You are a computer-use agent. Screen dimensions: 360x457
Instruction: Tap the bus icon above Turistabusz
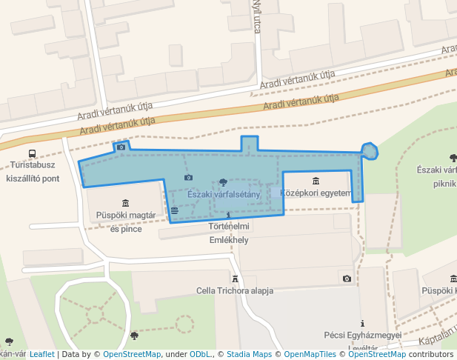click(32, 154)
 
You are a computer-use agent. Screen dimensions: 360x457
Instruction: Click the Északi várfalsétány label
click(224, 194)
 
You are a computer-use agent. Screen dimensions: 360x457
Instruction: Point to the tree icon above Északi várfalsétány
click(224, 182)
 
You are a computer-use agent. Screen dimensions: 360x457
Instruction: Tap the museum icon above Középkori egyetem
click(316, 181)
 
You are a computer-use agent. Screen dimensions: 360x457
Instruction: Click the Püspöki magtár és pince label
click(125, 221)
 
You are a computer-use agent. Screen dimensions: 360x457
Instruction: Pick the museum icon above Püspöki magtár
click(125, 203)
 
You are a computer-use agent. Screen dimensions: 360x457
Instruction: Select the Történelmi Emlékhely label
click(228, 233)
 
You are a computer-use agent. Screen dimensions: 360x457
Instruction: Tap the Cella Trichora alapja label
click(235, 290)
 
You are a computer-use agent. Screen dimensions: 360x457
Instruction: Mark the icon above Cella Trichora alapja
click(236, 279)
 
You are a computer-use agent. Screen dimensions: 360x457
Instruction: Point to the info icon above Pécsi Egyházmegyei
click(362, 324)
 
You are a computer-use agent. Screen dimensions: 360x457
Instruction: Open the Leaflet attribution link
click(41, 355)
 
